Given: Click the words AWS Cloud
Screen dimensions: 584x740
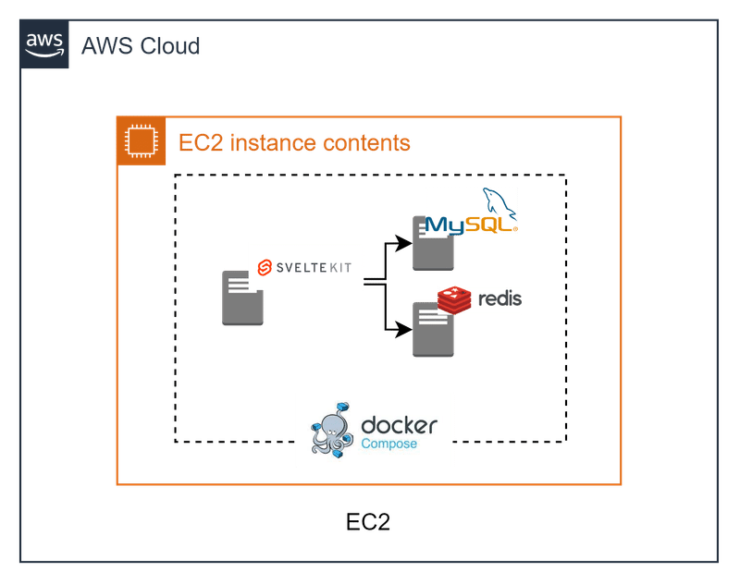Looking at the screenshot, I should (x=141, y=45).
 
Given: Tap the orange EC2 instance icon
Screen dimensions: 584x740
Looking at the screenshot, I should (x=141, y=141).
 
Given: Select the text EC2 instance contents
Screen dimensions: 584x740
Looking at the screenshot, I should (x=294, y=143).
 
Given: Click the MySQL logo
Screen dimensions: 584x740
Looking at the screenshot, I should (x=471, y=213).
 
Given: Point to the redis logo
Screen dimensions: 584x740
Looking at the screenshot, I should (x=480, y=300).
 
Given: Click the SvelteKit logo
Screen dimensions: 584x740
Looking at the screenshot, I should (x=305, y=266).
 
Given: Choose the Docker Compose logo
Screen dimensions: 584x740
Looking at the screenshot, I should (x=374, y=429).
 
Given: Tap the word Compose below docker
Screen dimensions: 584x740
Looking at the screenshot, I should (x=388, y=444).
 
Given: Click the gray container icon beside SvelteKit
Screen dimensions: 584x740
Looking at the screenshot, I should (x=242, y=298).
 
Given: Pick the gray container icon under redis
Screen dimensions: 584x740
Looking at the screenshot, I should (x=432, y=333).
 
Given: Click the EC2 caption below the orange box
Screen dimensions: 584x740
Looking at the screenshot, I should (x=368, y=522).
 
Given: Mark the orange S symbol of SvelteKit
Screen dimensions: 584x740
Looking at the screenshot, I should (x=264, y=267).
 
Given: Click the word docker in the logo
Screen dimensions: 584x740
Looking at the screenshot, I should (x=399, y=426).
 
